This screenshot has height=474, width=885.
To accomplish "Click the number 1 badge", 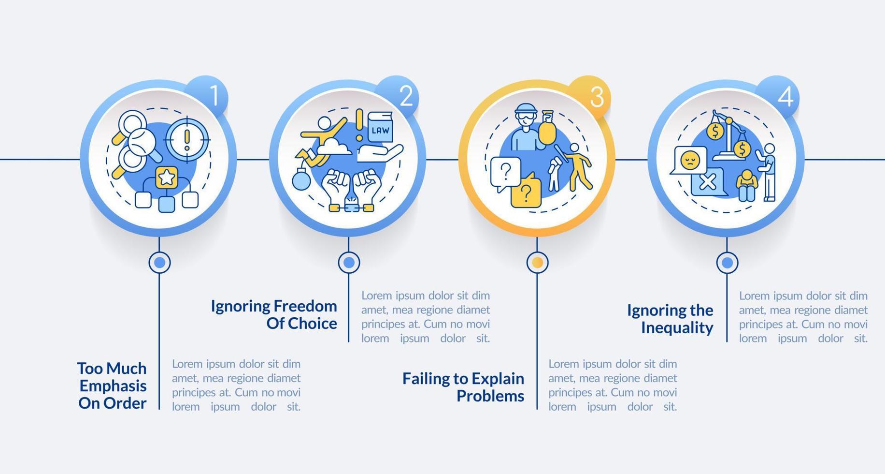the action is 213,96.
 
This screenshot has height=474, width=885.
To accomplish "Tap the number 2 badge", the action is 404,96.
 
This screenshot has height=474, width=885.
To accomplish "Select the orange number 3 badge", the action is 594,97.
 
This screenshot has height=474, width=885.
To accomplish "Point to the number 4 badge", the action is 783,96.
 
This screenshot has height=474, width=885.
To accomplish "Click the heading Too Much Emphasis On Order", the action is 113,385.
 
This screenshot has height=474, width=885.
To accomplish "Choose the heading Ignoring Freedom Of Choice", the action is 274,314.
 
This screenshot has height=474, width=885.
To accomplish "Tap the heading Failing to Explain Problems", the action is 463,387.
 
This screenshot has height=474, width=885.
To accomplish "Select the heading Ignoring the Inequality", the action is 670,319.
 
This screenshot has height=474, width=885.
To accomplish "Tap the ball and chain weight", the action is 301,179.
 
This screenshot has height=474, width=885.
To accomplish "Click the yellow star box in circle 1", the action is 167,178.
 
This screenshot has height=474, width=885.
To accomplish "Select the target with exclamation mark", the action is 187,140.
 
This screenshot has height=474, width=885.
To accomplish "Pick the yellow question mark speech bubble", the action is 526,192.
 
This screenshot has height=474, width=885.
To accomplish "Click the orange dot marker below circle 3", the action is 537,263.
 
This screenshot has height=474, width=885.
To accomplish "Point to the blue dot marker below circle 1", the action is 159,263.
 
